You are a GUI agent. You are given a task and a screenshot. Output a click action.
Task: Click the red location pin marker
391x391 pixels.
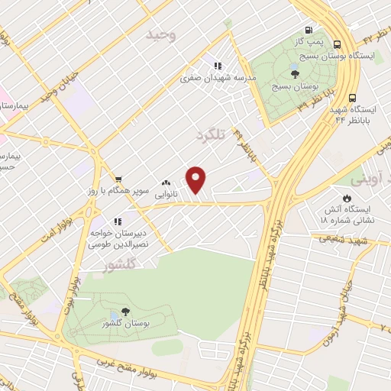click(x=197, y=180)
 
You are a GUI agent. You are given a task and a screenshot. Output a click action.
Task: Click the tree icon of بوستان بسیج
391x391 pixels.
click(x=296, y=74)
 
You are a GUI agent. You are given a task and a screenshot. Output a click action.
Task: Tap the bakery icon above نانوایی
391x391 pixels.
click(x=166, y=183)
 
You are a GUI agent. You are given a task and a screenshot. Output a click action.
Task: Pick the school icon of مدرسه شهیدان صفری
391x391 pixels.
click(x=218, y=66)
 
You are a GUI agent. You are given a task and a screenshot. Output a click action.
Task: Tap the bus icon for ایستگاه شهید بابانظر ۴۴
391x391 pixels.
click(x=352, y=98)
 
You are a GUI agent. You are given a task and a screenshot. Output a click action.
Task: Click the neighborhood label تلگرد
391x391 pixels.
click(x=212, y=134)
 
